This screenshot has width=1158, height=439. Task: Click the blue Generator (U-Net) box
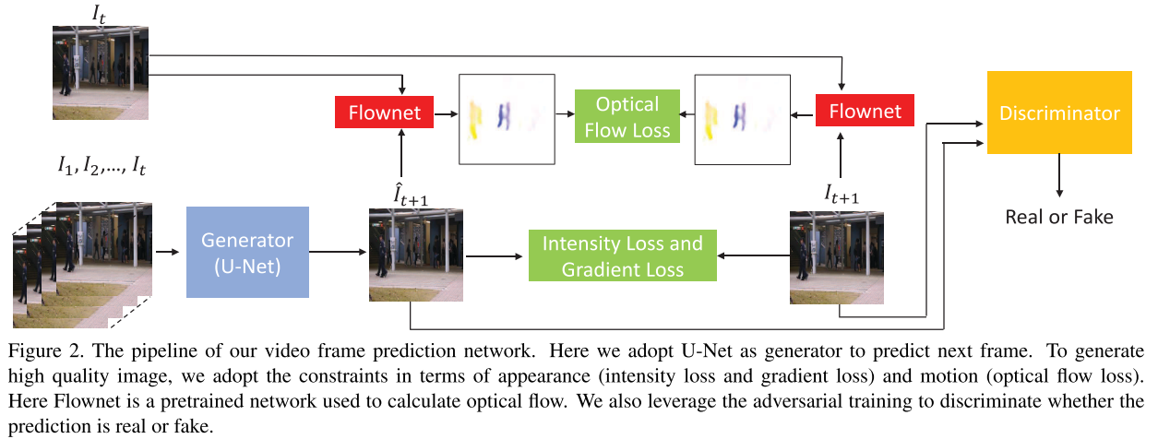(247, 252)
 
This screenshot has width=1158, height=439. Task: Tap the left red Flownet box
(384, 113)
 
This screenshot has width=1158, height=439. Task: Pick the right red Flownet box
(865, 112)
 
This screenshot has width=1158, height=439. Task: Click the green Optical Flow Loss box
(627, 116)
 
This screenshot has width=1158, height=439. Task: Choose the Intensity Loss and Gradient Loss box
(622, 256)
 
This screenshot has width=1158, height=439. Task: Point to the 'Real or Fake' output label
(1058, 217)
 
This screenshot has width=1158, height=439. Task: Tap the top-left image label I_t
(101, 13)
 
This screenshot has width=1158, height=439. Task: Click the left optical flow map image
(506, 119)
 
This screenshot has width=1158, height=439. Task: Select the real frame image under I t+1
(838, 257)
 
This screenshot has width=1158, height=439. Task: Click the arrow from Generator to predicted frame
(338, 251)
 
